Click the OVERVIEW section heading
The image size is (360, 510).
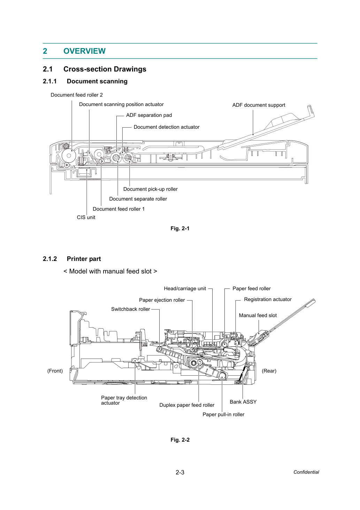pyautogui.click(x=84, y=51)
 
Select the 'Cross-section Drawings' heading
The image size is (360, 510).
pyautogui.click(x=105, y=69)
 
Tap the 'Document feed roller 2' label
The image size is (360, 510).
pyautogui.click(x=77, y=95)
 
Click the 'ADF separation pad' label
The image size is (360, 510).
pyautogui.click(x=149, y=115)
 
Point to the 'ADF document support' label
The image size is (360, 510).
pyautogui.click(x=259, y=105)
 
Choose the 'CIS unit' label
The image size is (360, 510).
pyautogui.click(x=86, y=217)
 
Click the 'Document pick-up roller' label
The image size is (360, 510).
pyautogui.click(x=150, y=189)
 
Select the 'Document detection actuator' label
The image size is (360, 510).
pyautogui.click(x=167, y=127)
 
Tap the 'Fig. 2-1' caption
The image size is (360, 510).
pyautogui.click(x=180, y=228)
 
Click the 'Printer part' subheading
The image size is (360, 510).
pyautogui.click(x=84, y=259)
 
